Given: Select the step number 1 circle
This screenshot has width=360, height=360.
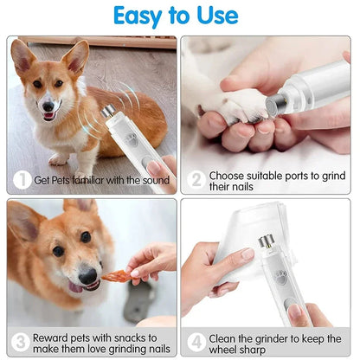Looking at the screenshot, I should pos(20,179).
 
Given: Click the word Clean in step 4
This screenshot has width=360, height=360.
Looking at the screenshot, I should pos(228,337).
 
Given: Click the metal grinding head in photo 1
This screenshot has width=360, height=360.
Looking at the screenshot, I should pos(108,112).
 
